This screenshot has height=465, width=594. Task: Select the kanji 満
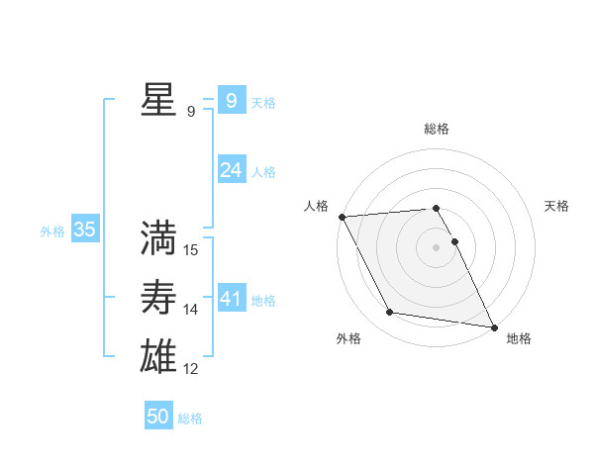click(157, 237)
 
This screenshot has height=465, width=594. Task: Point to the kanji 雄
click(157, 355)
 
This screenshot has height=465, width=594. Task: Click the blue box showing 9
click(231, 100)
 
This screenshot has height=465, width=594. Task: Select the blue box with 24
click(231, 170)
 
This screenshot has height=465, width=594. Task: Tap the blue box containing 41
click(231, 298)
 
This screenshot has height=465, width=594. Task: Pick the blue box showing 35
click(85, 231)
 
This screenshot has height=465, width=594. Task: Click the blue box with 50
click(158, 417)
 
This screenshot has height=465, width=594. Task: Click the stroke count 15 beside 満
click(191, 250)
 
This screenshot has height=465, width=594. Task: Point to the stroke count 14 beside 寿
click(191, 310)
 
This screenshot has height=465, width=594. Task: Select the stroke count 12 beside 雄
click(191, 369)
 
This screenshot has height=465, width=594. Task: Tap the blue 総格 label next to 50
click(190, 418)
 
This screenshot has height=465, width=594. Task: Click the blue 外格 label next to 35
click(52, 232)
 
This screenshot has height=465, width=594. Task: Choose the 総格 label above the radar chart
click(437, 129)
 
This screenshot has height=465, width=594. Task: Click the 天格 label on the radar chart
click(557, 206)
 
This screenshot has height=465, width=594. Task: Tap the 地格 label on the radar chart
click(519, 338)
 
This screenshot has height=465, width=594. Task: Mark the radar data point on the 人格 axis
click(342, 217)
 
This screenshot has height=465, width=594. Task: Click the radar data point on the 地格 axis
click(493, 325)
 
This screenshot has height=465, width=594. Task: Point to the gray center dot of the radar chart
click(437, 247)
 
